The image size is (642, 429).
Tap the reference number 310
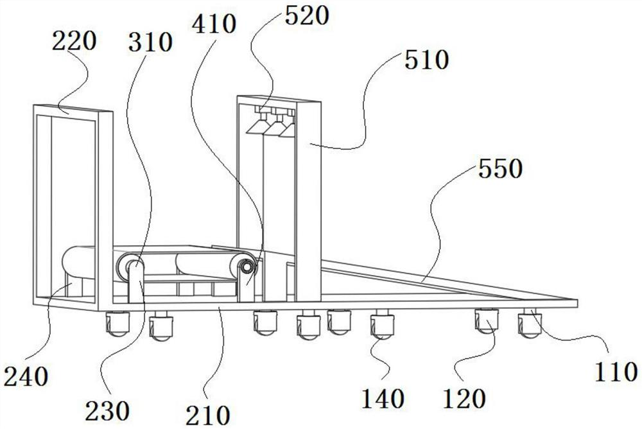pyautogui.click(x=150, y=43)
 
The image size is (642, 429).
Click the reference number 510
pyautogui.click(x=424, y=61)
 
